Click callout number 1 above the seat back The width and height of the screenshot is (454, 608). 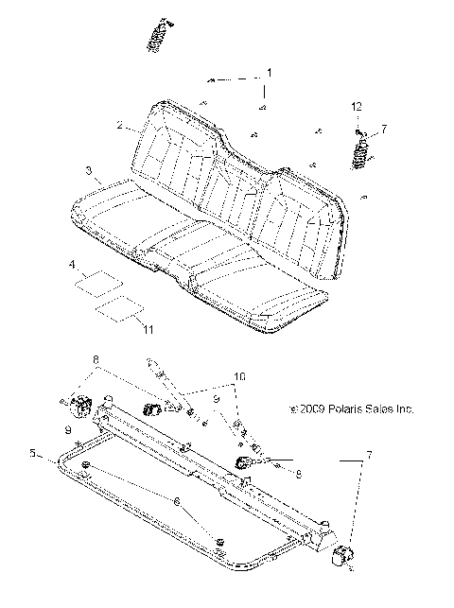click(269, 72)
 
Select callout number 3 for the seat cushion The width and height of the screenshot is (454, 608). click(88, 171)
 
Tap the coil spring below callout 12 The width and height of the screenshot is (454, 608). click(360, 152)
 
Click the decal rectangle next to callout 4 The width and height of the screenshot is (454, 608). click(99, 281)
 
